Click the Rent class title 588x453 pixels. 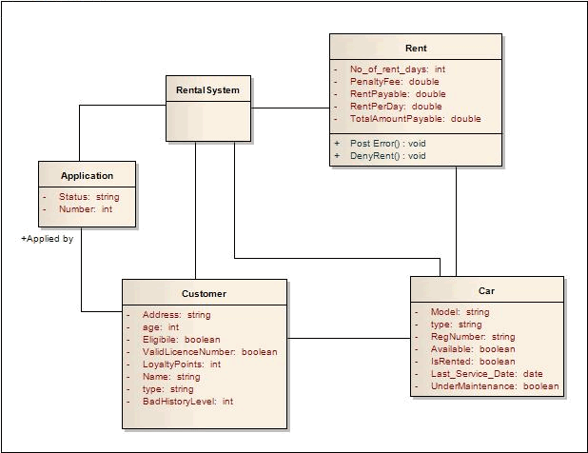416,49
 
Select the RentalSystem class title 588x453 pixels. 208,89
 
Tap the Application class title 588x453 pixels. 87,175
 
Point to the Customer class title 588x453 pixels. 204,293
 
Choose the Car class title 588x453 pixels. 486,290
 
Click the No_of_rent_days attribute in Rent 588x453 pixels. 398,69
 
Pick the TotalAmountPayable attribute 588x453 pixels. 417,119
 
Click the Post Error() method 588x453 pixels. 388,143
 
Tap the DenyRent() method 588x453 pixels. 388,155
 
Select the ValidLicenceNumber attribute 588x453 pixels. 209,351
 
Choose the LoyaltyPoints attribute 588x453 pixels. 182,364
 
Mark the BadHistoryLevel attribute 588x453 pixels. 187,402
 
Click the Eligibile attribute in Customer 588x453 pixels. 181,339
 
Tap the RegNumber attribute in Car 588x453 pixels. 473,337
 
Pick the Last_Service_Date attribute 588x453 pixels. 487,374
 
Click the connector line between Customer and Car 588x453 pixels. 348,339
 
